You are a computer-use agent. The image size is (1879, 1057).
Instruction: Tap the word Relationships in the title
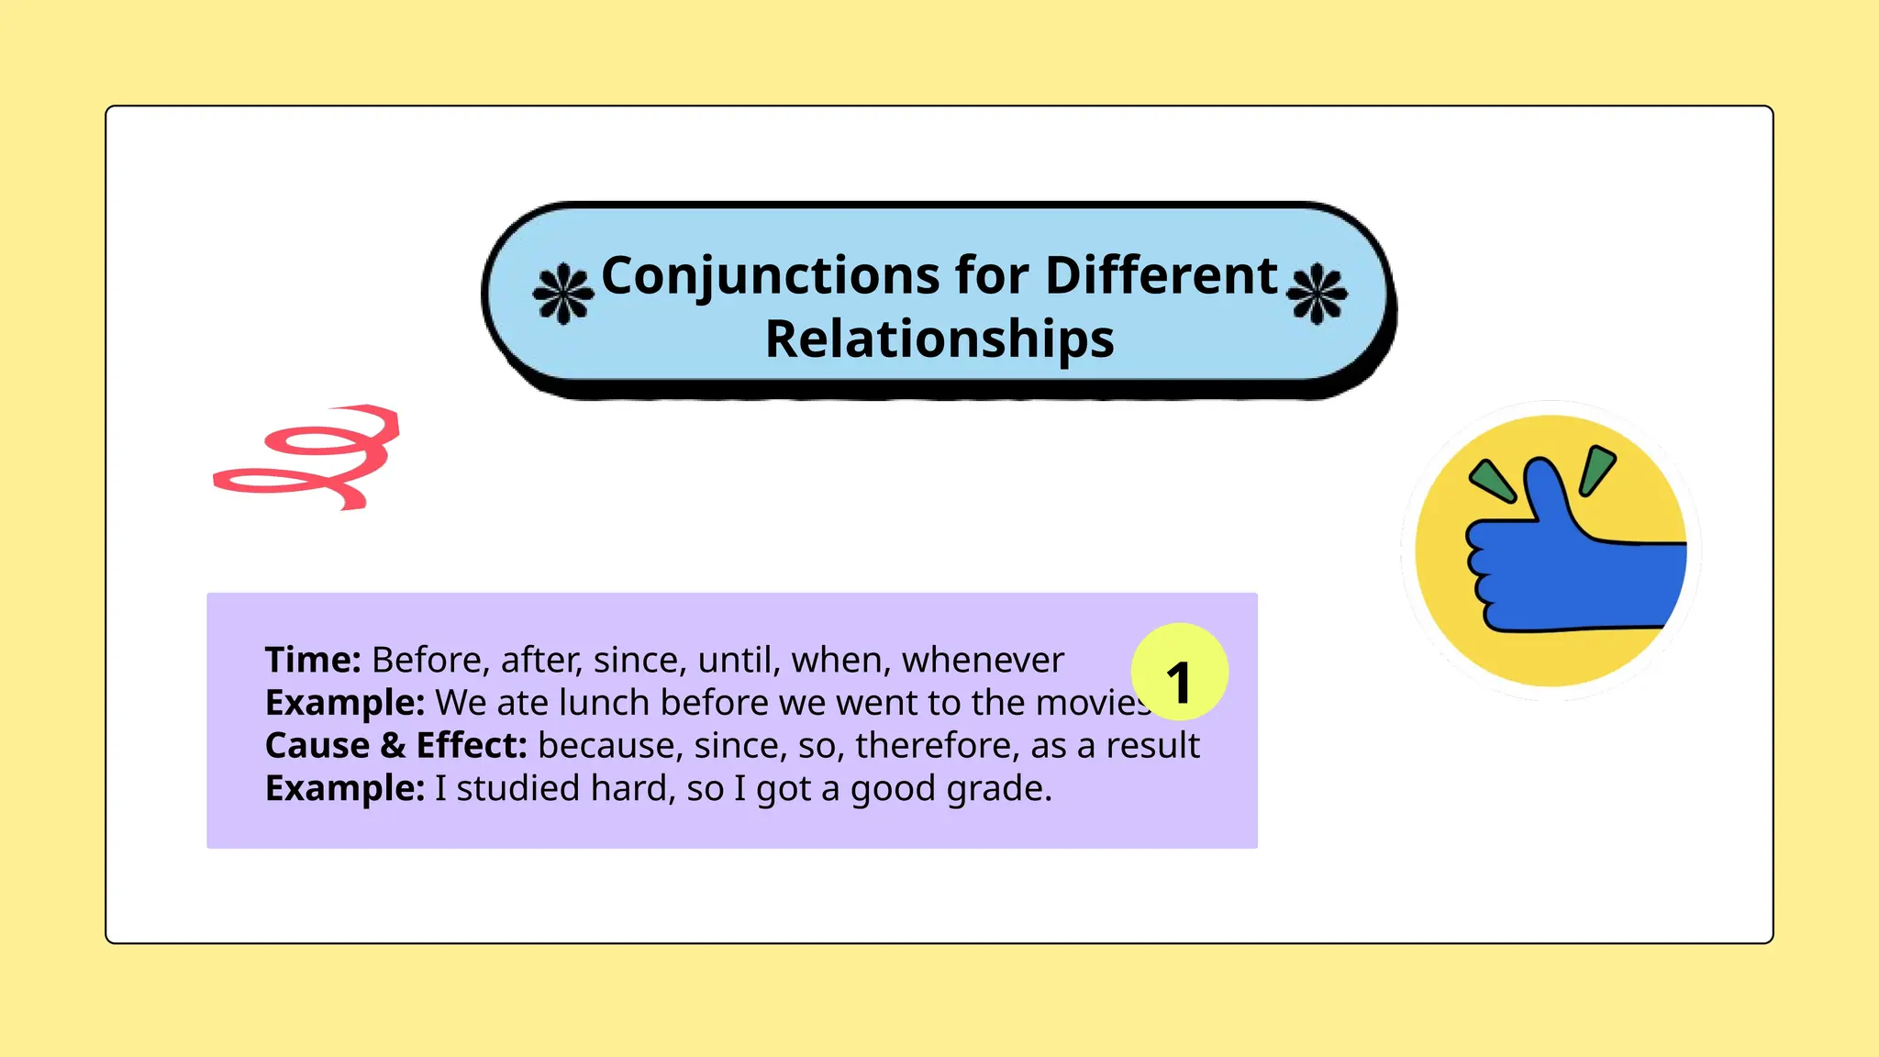click(x=939, y=339)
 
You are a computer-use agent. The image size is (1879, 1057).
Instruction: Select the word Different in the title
click(x=1161, y=276)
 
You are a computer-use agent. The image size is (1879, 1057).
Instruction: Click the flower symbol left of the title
click(x=562, y=295)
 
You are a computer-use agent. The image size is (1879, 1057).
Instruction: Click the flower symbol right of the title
click(x=1317, y=295)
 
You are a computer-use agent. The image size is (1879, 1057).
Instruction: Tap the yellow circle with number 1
click(x=1179, y=673)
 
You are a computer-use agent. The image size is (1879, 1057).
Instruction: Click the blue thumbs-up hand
click(x=1560, y=569)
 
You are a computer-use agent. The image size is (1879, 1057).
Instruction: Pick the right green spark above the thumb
click(x=1597, y=469)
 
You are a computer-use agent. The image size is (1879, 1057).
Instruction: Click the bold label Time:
click(x=313, y=661)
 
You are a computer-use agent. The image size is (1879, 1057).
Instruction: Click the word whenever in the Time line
click(x=983, y=661)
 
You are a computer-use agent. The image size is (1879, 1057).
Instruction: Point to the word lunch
click(x=605, y=703)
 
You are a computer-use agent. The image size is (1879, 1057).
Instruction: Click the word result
click(x=1152, y=746)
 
